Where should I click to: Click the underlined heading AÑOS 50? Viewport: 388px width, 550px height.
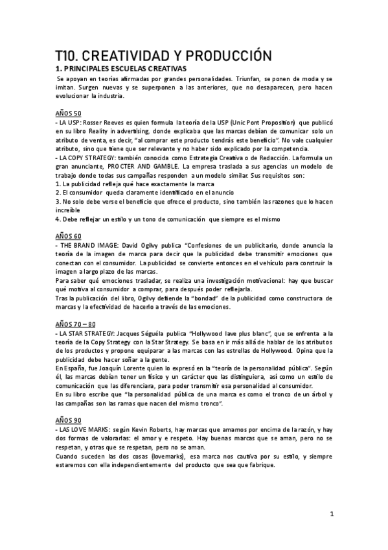68,112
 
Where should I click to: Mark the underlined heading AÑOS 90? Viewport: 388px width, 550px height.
68,420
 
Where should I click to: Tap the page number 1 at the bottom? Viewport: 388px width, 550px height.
332,514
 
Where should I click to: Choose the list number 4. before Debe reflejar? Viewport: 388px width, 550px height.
58,219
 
